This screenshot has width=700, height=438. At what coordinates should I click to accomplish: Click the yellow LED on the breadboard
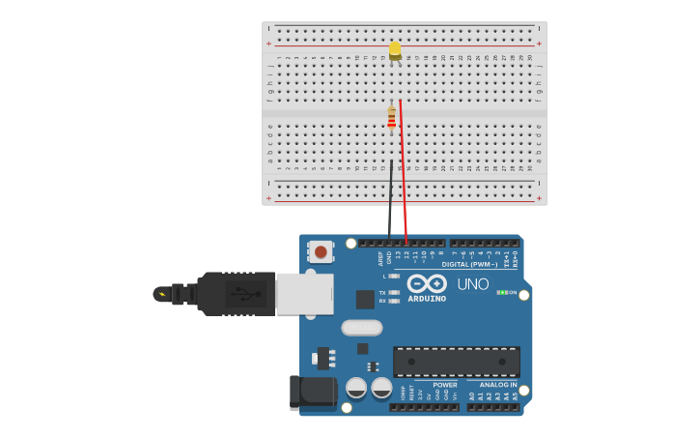(x=395, y=49)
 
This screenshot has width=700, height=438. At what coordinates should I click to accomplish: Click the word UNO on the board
(x=473, y=284)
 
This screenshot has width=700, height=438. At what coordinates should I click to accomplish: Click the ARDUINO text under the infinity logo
(x=427, y=299)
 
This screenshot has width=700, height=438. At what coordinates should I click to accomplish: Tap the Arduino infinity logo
(x=427, y=283)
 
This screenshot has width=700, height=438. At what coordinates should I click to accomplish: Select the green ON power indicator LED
(x=501, y=292)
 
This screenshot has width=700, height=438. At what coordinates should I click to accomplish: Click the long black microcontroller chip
(x=456, y=362)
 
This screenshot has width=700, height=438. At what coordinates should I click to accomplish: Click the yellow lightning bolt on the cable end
(x=162, y=294)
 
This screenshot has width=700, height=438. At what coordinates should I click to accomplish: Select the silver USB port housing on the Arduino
(x=304, y=294)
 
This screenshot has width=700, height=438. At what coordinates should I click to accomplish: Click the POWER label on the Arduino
(x=445, y=385)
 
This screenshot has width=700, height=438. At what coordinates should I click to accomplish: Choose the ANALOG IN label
(x=498, y=385)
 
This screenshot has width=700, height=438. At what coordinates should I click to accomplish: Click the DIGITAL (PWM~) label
(x=470, y=264)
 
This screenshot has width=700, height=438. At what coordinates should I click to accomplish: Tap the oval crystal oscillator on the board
(x=362, y=328)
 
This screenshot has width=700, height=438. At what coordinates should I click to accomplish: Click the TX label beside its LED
(x=382, y=292)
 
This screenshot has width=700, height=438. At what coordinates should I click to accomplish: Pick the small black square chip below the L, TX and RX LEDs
(x=365, y=300)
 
